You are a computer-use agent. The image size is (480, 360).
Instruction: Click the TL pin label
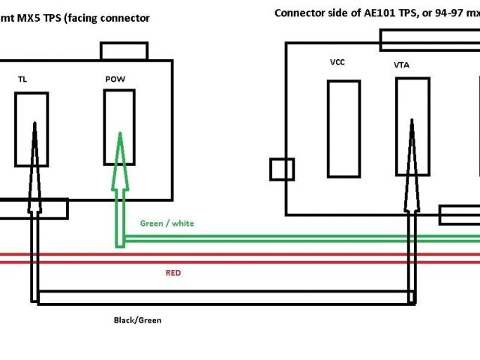coord(22,79)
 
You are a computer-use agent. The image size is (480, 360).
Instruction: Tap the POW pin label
coord(115,79)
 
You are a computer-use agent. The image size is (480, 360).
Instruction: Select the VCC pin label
coord(337,63)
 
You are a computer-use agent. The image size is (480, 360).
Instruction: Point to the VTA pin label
coord(402,65)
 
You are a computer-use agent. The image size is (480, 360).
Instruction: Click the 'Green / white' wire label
coord(166,223)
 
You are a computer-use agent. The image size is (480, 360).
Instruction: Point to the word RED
coord(172,273)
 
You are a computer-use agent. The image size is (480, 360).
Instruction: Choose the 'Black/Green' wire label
coord(137,320)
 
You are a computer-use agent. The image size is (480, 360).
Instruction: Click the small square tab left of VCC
coord(282,169)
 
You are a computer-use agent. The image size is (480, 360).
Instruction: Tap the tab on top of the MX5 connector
coord(124,51)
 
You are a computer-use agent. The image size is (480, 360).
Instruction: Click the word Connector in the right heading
coord(298,13)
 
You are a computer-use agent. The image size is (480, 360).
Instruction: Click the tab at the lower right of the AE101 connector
coord(459,215)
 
